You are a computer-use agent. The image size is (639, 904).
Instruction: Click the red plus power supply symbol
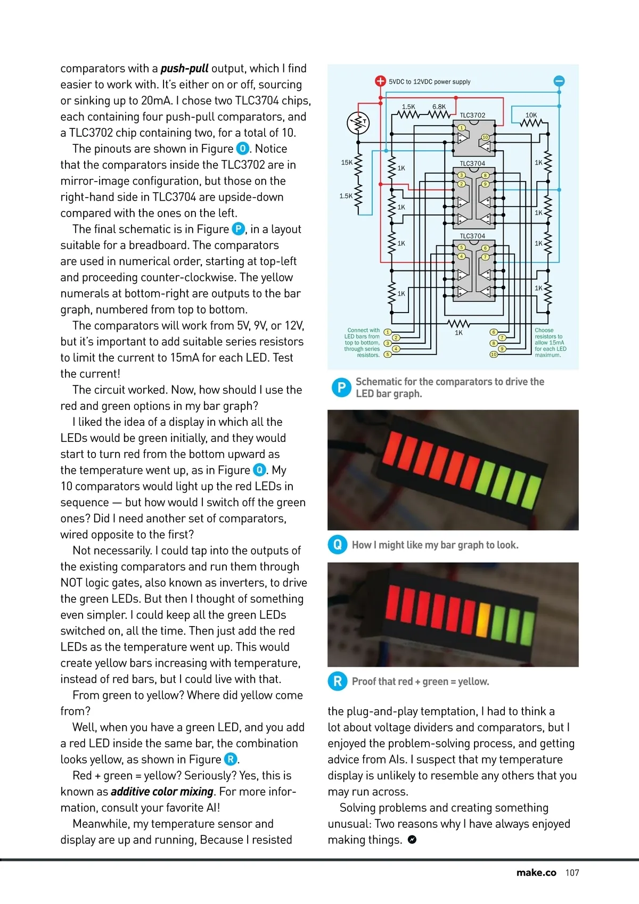pyautogui.click(x=380, y=81)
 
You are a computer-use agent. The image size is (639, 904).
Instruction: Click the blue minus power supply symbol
pyautogui.click(x=559, y=81)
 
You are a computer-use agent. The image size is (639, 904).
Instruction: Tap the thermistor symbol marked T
pyautogui.click(x=358, y=123)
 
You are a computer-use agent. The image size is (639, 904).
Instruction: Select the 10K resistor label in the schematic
pyautogui.click(x=531, y=115)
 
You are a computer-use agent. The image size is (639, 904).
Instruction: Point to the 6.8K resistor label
pyautogui.click(x=439, y=106)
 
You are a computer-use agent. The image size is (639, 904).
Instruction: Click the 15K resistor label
pyautogui.click(x=346, y=162)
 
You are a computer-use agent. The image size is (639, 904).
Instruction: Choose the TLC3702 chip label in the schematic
pyautogui.click(x=472, y=115)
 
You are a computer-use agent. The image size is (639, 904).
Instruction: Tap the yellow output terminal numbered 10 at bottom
pyautogui.click(x=494, y=355)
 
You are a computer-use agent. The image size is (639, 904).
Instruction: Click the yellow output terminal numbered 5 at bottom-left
pyautogui.click(x=388, y=354)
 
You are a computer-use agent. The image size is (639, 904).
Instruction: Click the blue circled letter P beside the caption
pyautogui.click(x=340, y=388)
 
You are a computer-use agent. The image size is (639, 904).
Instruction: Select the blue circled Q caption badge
pyautogui.click(x=338, y=545)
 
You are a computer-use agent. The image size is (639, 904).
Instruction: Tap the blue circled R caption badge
pyautogui.click(x=338, y=681)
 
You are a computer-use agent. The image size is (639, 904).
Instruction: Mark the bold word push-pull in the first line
pyautogui.click(x=184, y=68)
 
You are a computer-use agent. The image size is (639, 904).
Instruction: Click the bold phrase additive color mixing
pyautogui.click(x=162, y=792)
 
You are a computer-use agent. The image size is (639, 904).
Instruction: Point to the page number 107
pyautogui.click(x=572, y=873)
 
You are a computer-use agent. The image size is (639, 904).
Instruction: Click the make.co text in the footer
pyautogui.click(x=536, y=873)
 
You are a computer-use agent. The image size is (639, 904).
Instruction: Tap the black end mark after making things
pyautogui.click(x=412, y=840)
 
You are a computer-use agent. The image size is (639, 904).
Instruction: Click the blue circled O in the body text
pyautogui.click(x=242, y=149)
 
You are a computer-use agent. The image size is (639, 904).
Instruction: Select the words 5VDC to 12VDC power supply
pyautogui.click(x=429, y=82)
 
